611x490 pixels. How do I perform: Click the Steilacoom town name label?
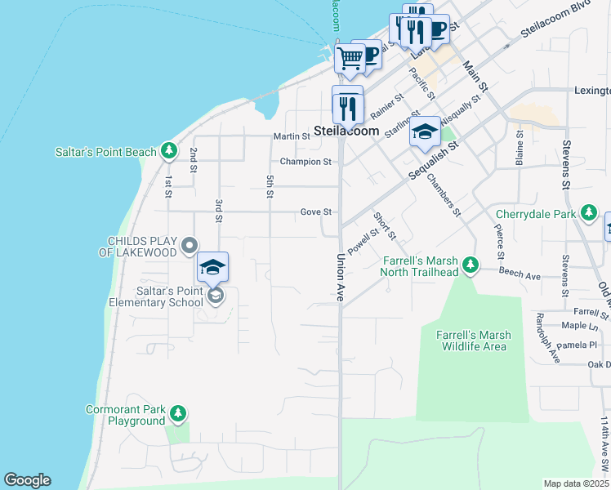(x=346, y=131)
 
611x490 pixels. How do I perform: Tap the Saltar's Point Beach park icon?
(x=169, y=150)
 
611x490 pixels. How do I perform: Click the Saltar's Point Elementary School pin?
(x=212, y=268)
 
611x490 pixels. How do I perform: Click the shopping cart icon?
(x=350, y=59)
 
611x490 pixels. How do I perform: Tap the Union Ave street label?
(x=341, y=279)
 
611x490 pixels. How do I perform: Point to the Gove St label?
(x=315, y=212)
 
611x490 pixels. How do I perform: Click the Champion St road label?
(x=306, y=162)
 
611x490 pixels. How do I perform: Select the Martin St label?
(x=292, y=136)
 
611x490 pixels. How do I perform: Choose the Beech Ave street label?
(x=521, y=277)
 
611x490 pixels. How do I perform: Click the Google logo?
(x=27, y=480)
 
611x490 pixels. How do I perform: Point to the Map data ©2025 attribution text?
(x=576, y=483)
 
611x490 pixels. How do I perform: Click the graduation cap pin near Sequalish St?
(x=425, y=131)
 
